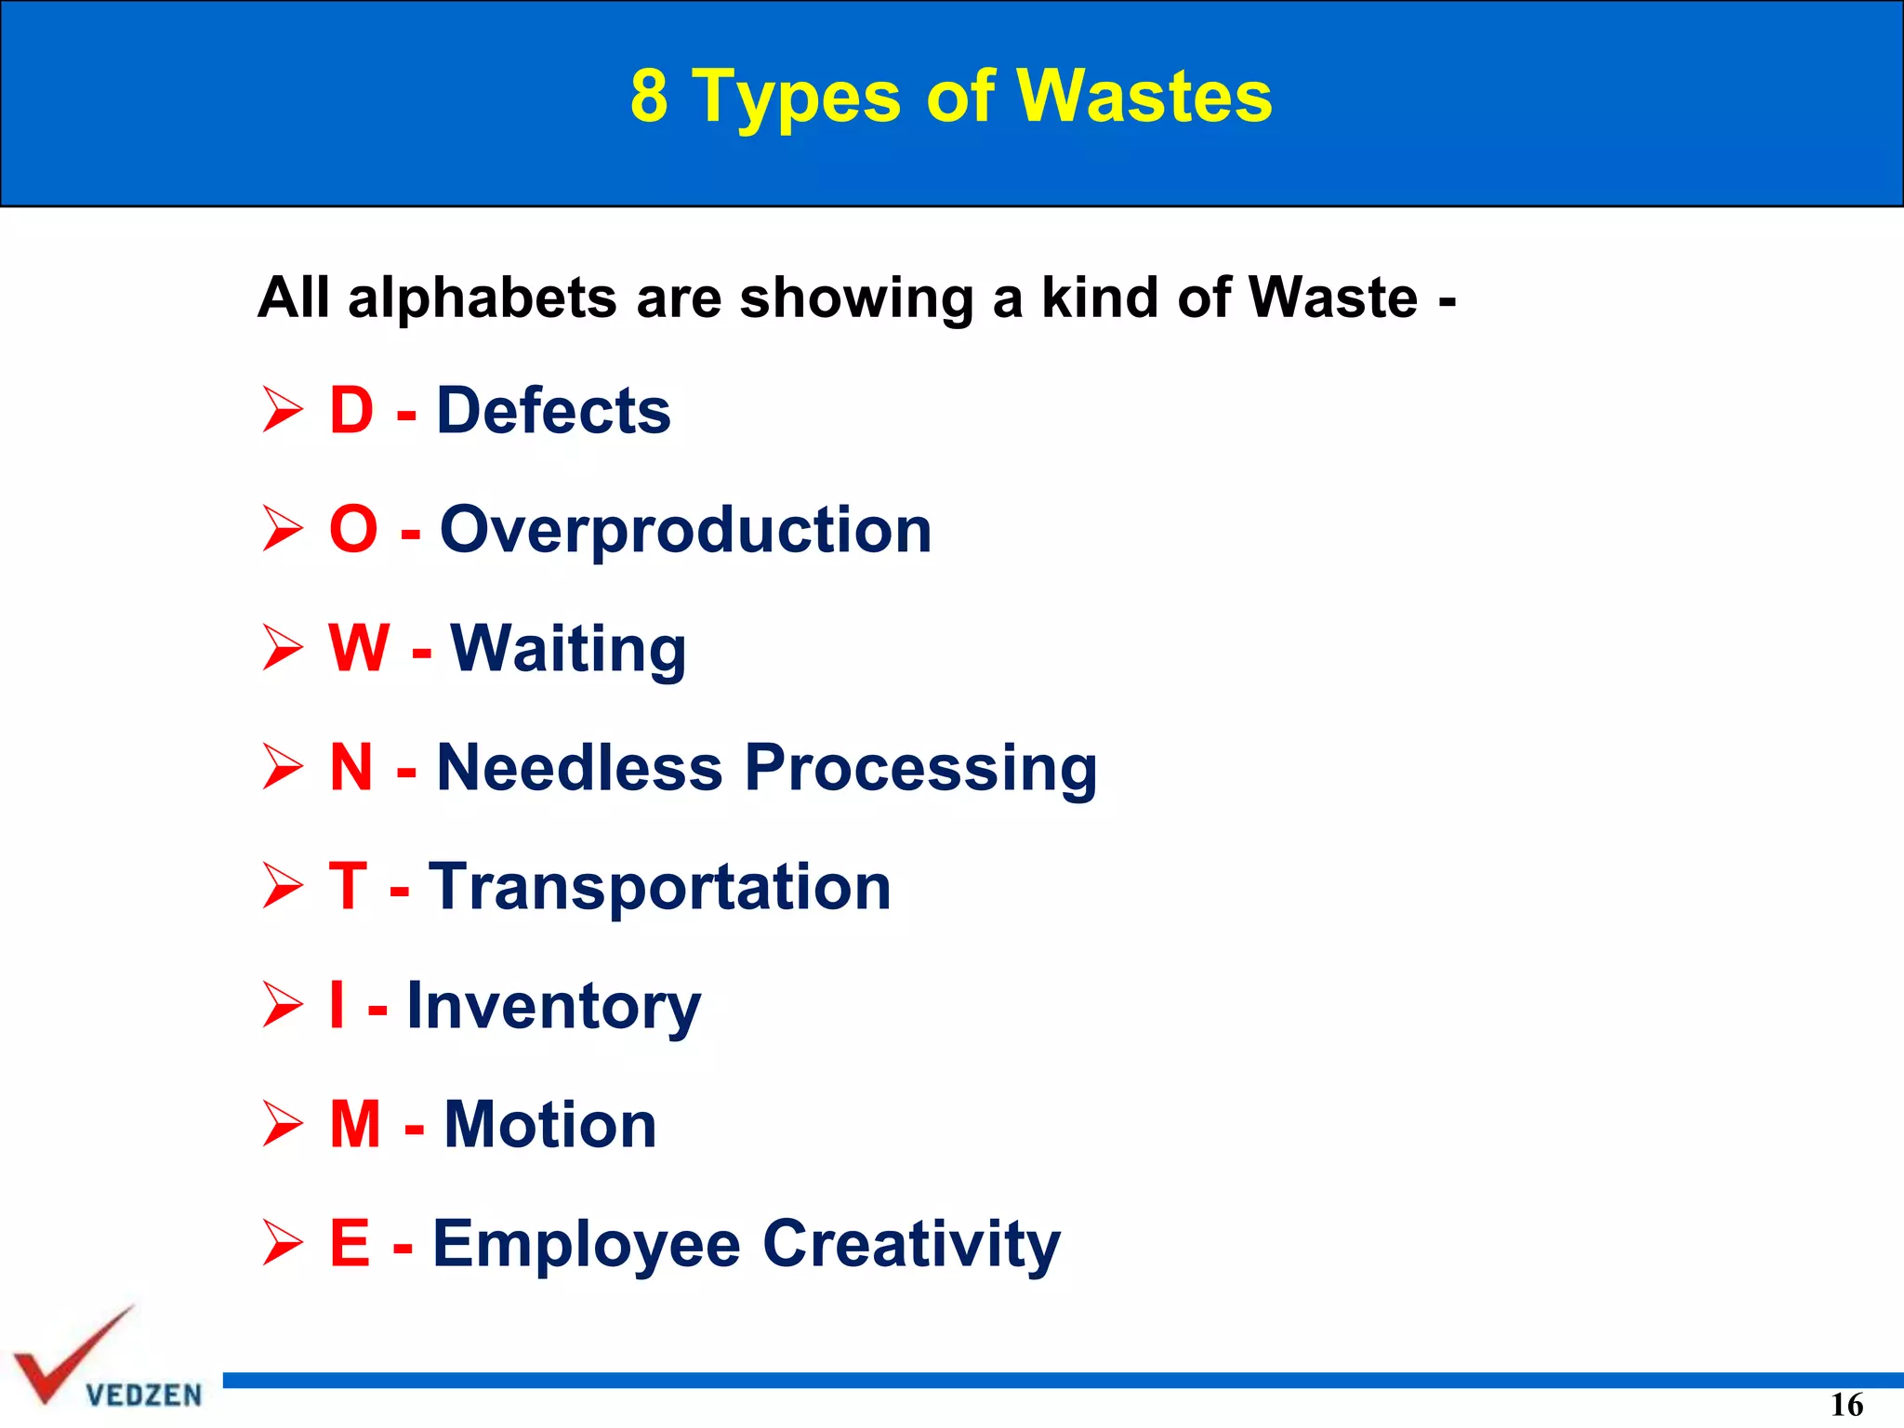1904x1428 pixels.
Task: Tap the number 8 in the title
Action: [649, 96]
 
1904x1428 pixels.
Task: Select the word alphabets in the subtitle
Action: [483, 298]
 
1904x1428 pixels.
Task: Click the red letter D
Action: [351, 410]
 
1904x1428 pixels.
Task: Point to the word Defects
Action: [553, 410]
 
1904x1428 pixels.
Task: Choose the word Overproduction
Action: [685, 530]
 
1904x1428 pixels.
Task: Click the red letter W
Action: [359, 648]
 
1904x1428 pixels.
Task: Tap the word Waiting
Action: [568, 650]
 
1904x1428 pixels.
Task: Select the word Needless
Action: [579, 768]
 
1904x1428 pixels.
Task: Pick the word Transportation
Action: [659, 887]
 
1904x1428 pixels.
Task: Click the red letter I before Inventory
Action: [337, 1005]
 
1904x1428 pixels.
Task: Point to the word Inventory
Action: [553, 1007]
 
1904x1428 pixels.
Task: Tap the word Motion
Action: [549, 1125]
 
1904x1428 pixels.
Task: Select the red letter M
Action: [355, 1124]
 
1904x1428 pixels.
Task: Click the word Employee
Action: [587, 1245]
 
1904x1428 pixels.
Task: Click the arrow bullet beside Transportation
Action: [282, 886]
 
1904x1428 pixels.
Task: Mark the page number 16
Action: [1846, 1405]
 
